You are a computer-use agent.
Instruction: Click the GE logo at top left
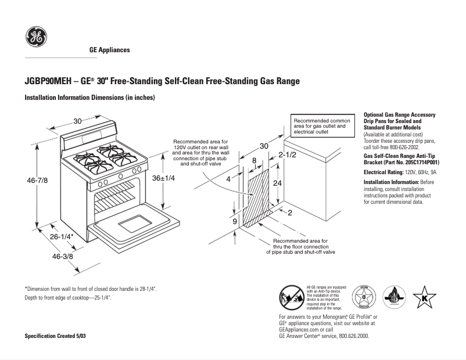pos(36,38)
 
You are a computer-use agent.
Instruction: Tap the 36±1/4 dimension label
pos(163,178)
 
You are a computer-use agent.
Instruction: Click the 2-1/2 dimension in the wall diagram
pos(288,155)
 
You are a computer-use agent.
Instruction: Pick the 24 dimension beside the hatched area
pos(278,183)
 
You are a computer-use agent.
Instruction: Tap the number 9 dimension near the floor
pos(235,222)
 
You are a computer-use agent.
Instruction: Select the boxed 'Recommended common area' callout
pos(322,126)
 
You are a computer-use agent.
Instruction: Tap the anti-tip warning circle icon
pos(291,297)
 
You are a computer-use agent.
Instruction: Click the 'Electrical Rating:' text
pos(383,172)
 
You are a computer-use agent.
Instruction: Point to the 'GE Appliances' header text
pos(109,50)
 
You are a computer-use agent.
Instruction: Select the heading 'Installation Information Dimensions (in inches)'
pos(89,98)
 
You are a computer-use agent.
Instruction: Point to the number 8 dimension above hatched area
pos(254,160)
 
